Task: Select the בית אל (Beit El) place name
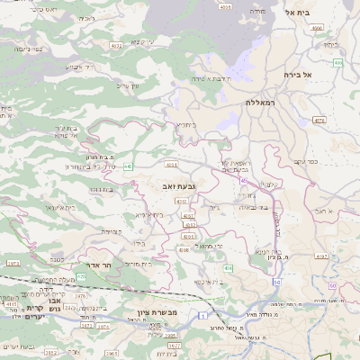pos(297,13)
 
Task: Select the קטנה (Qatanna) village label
pos(112,232)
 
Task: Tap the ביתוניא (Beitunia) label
pos(185,125)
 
